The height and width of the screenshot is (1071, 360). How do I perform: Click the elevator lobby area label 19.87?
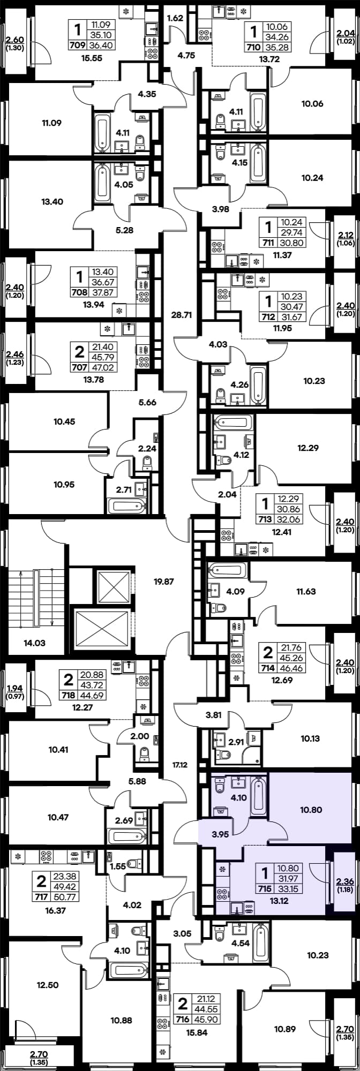point(164,581)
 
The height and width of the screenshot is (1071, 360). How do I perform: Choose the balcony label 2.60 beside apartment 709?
point(14,39)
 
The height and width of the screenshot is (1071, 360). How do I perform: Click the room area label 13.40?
point(52,202)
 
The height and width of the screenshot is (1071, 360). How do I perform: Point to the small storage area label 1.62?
point(176,19)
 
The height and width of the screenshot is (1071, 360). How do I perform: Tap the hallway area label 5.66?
point(147,402)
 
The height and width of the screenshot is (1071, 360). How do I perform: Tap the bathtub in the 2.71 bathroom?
point(126,505)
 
